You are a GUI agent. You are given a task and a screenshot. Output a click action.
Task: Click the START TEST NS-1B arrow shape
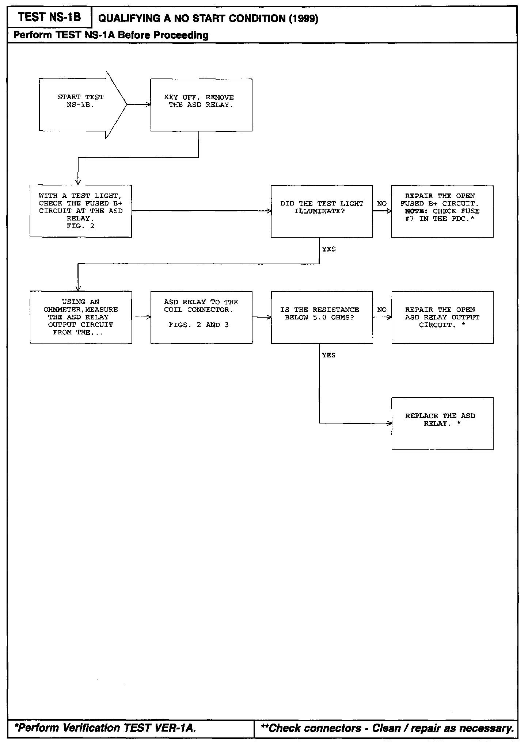pos(80,105)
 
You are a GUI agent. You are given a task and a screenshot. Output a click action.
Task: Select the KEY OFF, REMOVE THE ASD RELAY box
pos(201,105)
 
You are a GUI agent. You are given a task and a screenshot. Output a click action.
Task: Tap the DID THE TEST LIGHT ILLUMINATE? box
pos(322,211)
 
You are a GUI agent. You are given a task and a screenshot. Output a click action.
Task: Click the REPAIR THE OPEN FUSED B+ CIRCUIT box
pos(442,211)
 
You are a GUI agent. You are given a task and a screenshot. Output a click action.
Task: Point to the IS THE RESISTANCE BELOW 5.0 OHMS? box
pos(322,317)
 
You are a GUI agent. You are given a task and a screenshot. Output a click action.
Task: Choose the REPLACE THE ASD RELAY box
pos(442,423)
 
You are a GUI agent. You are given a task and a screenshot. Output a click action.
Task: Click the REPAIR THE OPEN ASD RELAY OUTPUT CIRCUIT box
pos(442,317)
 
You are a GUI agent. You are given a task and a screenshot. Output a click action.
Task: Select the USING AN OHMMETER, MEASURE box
pos(80,317)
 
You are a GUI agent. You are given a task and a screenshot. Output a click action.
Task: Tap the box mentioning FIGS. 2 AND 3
pos(201,317)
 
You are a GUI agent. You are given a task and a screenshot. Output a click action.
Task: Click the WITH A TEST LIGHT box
pos(80,211)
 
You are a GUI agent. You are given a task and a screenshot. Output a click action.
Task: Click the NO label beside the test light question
pos(381,204)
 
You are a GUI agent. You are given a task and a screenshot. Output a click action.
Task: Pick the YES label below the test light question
pos(329,249)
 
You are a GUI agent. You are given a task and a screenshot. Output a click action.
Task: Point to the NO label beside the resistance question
pos(381,310)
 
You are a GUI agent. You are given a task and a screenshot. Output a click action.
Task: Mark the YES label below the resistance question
pos(329,355)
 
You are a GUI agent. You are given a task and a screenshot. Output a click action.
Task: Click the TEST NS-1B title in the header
pos(49,17)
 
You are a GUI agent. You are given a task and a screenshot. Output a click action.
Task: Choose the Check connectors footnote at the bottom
pos(387,729)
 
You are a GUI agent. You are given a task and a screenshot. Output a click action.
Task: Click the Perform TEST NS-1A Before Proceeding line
pos(111,35)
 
